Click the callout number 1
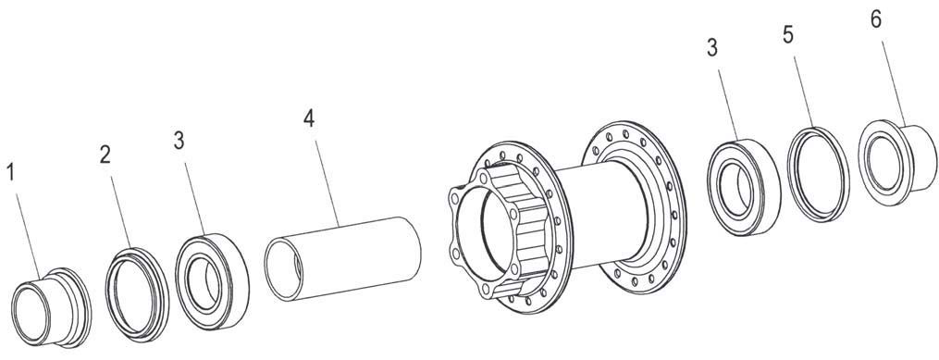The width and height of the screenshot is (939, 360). click(x=10, y=172)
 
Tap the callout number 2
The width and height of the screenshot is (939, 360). click(x=105, y=155)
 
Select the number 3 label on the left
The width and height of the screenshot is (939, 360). click(x=179, y=141)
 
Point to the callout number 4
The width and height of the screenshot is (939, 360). click(x=308, y=118)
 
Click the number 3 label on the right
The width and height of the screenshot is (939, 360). click(x=712, y=48)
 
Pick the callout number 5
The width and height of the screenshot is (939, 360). click(x=788, y=35)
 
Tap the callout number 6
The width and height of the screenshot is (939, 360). click(x=875, y=19)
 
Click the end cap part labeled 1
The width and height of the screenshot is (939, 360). click(x=52, y=307)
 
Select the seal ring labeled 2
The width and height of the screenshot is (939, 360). click(x=137, y=294)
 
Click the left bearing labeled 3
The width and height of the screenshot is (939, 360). click(x=212, y=281)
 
